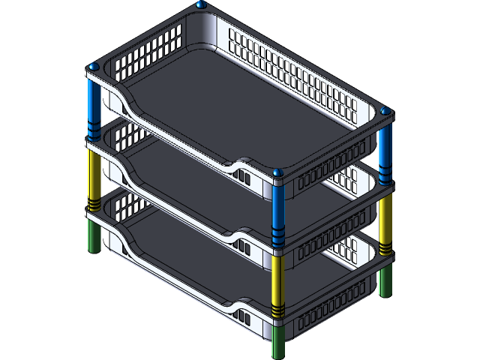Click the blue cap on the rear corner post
click(x=200, y=4)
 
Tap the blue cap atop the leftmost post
click(x=94, y=68)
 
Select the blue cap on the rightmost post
click(x=385, y=111)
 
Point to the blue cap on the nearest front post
click(x=277, y=174)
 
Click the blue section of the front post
click(x=277, y=202)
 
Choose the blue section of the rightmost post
click(x=385, y=146)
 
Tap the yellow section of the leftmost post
click(x=94, y=172)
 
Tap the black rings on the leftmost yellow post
click(x=94, y=203)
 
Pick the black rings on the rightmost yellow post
click(x=385, y=247)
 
